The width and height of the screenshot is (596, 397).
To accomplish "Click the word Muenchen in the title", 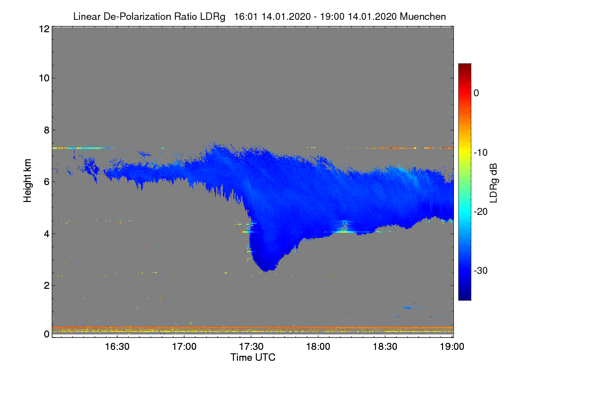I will (423, 16).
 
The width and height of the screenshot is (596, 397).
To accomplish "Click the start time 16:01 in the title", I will (242, 16).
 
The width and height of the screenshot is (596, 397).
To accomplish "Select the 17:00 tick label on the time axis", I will (184, 346).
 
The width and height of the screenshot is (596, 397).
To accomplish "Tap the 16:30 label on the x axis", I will (117, 346).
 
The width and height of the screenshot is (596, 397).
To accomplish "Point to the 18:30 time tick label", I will (385, 346).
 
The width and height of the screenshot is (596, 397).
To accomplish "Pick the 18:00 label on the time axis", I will (318, 346).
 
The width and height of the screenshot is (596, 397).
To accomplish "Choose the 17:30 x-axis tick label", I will (251, 346).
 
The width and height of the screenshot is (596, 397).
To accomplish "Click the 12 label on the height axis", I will (43, 29).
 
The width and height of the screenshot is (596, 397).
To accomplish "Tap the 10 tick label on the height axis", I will (43, 78).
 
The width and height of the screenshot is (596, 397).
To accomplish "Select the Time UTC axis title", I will (253, 357).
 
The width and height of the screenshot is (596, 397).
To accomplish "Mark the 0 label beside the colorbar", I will (477, 93).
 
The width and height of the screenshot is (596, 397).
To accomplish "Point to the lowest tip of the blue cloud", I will (267, 271).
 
